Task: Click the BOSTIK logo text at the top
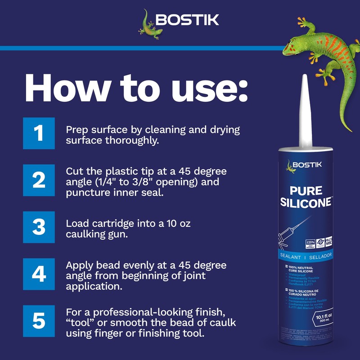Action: click(x=187, y=20)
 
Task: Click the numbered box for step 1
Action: click(x=39, y=133)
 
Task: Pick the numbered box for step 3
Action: click(x=39, y=227)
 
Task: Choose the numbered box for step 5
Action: click(x=39, y=321)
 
